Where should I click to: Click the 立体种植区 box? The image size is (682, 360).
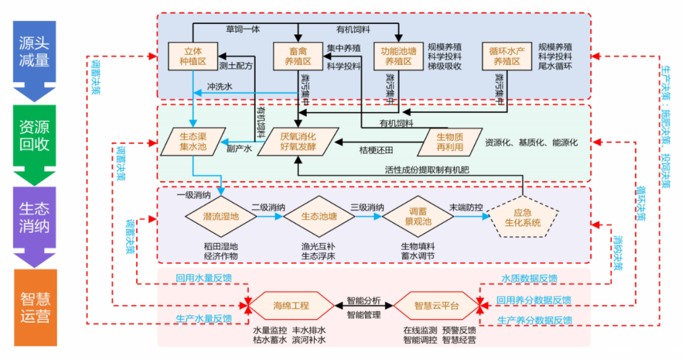click(x=193, y=56)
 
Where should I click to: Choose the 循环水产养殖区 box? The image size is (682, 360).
click(x=509, y=56)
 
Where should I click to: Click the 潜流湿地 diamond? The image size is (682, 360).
click(x=221, y=217)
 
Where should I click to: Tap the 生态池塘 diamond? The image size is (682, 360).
click(x=319, y=217)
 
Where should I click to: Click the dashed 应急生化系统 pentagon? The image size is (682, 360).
click(x=523, y=217)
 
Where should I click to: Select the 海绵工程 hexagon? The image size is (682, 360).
click(x=291, y=306)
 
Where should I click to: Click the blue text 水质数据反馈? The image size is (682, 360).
click(x=529, y=279)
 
